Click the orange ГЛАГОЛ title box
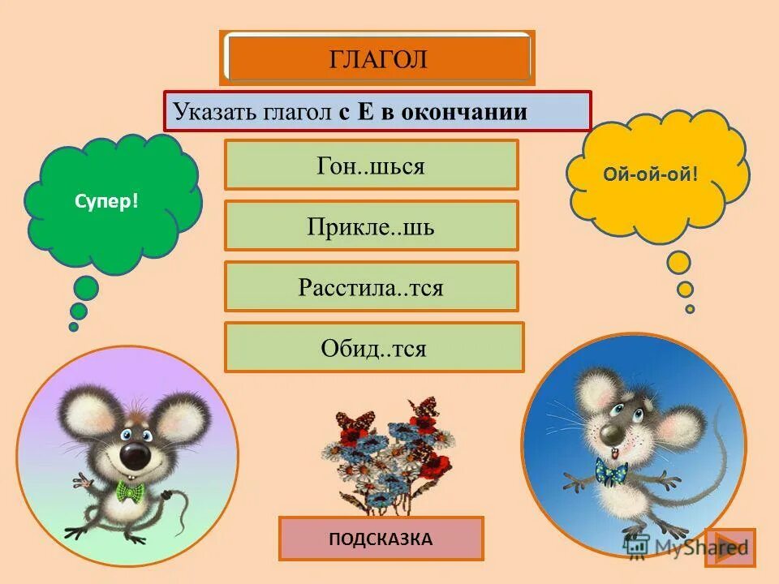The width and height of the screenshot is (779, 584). point(377,58)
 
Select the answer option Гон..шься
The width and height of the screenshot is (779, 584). point(371,165)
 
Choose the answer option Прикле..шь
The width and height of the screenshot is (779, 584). point(371,226)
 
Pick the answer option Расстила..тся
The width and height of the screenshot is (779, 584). point(371,287)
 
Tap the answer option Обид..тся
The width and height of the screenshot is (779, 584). point(373,348)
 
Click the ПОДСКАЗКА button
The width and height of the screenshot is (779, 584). point(381,539)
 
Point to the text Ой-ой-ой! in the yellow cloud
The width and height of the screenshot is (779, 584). point(651,174)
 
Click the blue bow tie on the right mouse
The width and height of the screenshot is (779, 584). point(610,470)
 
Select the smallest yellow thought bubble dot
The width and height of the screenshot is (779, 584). point(690,309)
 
